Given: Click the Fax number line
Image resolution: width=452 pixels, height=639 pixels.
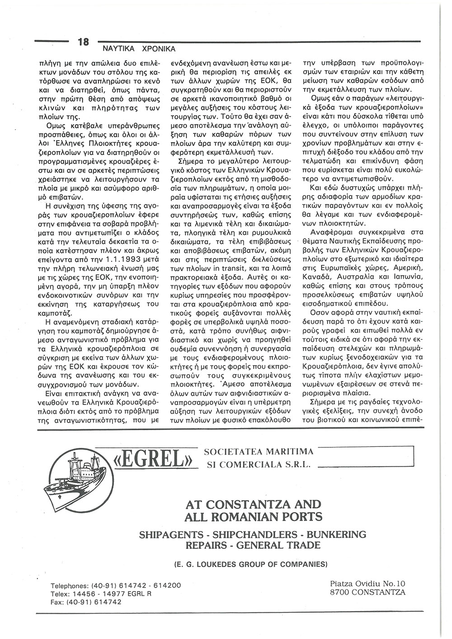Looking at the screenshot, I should pyautogui.click(x=86, y=602).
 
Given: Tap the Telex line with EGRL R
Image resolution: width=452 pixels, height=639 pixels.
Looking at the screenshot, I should pyautogui.click(x=101, y=593).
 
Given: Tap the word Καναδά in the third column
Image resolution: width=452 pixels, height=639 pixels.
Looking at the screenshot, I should pyautogui.click(x=315, y=275).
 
